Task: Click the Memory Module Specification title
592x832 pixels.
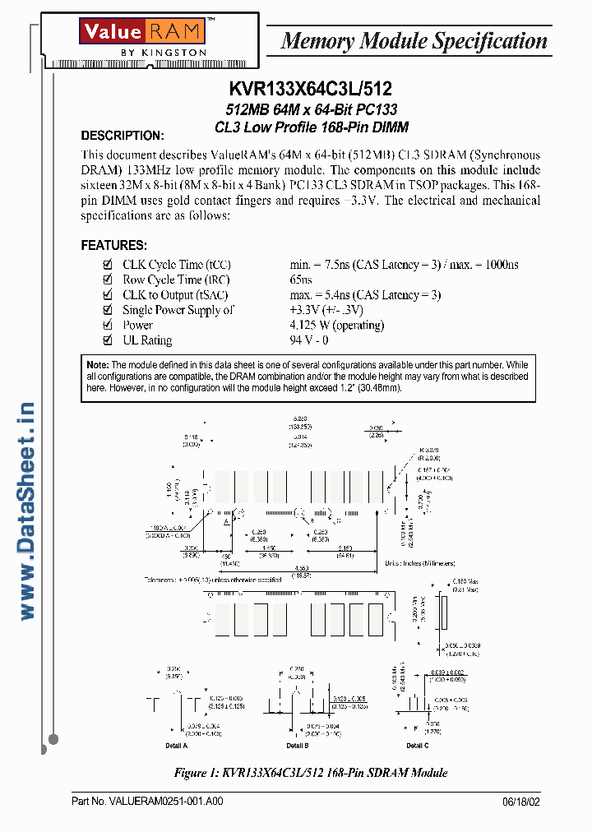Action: click(x=414, y=40)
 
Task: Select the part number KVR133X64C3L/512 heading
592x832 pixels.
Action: click(x=311, y=90)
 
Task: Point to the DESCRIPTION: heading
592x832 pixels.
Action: click(x=123, y=136)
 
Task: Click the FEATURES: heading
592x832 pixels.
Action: click(x=114, y=246)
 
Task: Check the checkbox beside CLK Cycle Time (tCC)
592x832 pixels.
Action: click(x=106, y=265)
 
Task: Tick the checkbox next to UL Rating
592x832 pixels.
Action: click(x=106, y=340)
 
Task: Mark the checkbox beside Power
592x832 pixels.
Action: click(x=106, y=326)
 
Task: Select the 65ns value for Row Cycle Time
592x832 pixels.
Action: click(x=301, y=280)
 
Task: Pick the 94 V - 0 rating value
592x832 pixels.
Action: click(x=308, y=340)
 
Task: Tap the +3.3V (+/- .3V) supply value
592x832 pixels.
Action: click(x=326, y=310)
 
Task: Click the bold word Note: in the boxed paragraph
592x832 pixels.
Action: click(x=97, y=365)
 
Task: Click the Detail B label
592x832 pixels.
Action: click(x=298, y=746)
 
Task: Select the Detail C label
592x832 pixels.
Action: click(x=417, y=746)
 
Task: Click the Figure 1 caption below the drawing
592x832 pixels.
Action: click(x=311, y=773)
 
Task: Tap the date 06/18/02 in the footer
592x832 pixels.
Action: click(x=521, y=802)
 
